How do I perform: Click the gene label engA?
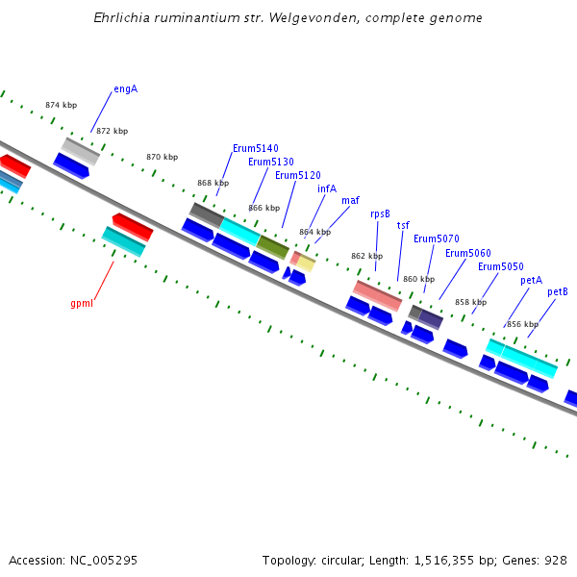click(125, 88)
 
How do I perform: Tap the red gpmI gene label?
click(82, 304)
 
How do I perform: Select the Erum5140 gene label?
click(256, 148)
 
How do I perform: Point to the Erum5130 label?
click(271, 162)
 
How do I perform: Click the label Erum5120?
click(298, 175)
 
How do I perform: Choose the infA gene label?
click(327, 188)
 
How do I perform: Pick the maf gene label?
click(350, 200)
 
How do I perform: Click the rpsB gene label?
click(380, 213)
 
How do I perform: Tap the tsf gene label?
click(403, 225)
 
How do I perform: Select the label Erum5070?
click(437, 238)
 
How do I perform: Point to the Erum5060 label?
click(468, 253)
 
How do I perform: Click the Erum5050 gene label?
click(501, 266)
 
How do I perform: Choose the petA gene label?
click(532, 280)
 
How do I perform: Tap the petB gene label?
click(558, 291)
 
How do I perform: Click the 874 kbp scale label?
click(62, 105)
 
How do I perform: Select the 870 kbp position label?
click(162, 157)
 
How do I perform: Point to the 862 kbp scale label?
click(366, 256)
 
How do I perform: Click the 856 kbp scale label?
click(522, 324)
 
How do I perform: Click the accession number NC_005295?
click(106, 560)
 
